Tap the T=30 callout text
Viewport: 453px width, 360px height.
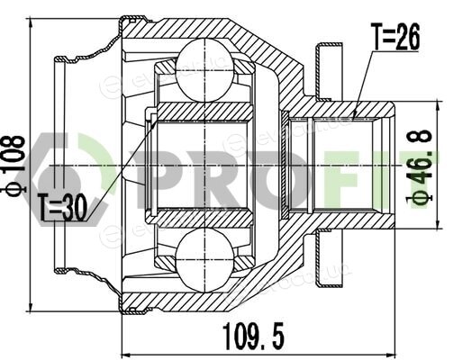(x=62, y=207)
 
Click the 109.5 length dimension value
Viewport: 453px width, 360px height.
(x=253, y=335)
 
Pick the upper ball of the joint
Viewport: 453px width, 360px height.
(x=204, y=70)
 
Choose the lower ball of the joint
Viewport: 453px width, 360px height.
(x=204, y=260)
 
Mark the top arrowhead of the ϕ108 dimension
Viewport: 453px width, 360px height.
(x=31, y=24)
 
